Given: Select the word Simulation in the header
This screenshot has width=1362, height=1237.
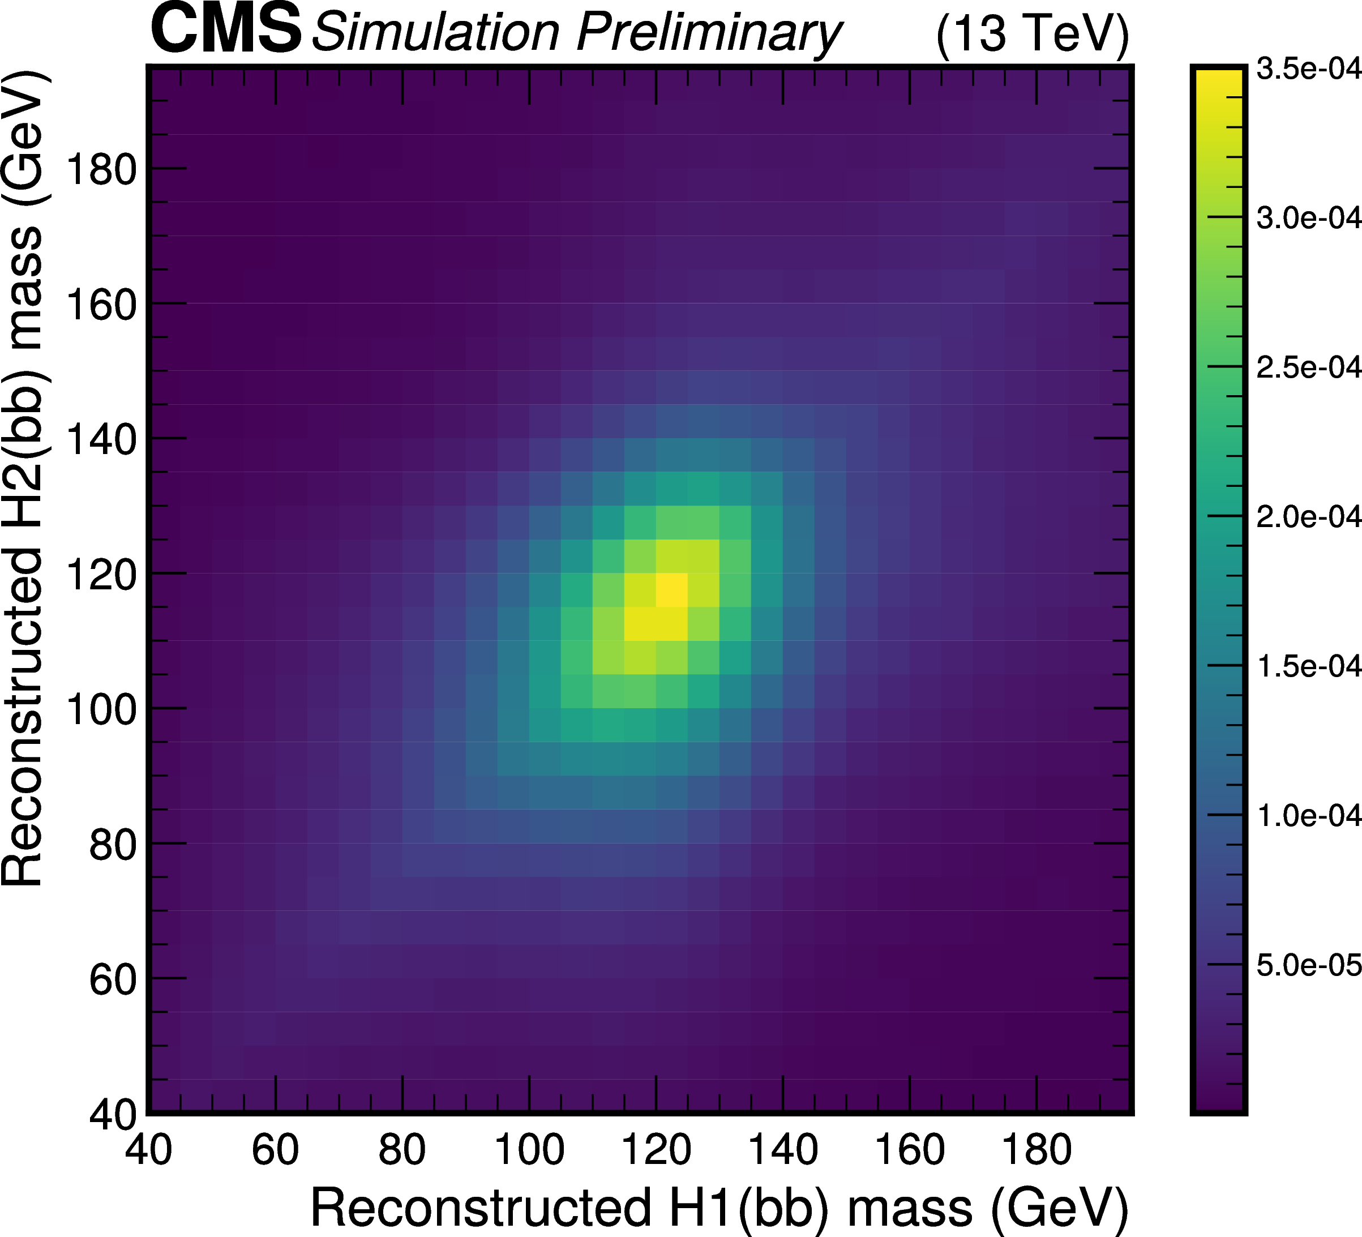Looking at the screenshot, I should click(x=436, y=32).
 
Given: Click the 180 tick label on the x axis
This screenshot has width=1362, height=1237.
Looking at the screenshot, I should click(x=1036, y=1149).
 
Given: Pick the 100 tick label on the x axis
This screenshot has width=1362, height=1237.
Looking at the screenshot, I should click(x=529, y=1149).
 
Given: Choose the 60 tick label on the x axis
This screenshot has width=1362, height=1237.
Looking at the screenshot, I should click(x=275, y=1149).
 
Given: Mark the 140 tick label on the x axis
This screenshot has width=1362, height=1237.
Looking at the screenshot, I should click(x=783, y=1149).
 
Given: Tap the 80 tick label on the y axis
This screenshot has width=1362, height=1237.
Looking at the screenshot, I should click(x=112, y=845).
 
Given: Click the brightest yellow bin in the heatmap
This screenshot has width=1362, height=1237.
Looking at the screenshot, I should click(x=671, y=590).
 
